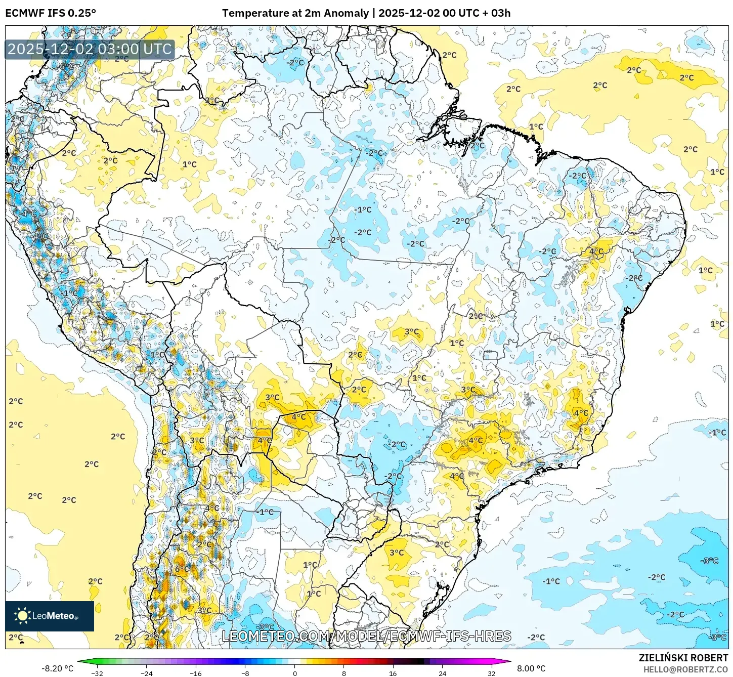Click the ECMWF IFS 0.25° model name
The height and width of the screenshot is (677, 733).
(51, 13)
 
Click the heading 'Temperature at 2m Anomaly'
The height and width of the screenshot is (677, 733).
(295, 13)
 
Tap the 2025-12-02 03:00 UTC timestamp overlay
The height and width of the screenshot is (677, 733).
(90, 49)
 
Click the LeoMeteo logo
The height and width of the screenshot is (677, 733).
(50, 616)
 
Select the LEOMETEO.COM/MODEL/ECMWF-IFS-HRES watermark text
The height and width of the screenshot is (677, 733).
(366, 636)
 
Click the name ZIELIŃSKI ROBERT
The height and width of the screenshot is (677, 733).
(683, 658)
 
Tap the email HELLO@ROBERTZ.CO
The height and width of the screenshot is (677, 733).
(685, 669)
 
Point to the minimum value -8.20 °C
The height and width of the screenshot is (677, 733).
(57, 668)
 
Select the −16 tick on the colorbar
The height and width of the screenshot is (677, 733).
(195, 673)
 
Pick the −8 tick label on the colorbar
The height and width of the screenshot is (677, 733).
(245, 673)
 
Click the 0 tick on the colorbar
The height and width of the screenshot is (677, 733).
(294, 673)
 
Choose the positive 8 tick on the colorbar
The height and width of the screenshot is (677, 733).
(344, 673)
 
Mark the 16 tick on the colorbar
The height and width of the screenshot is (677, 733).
(393, 673)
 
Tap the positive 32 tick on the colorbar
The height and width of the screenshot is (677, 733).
(492, 673)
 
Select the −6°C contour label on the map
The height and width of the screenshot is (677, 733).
(65, 66)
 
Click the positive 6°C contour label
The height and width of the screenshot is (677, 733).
(182, 569)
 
